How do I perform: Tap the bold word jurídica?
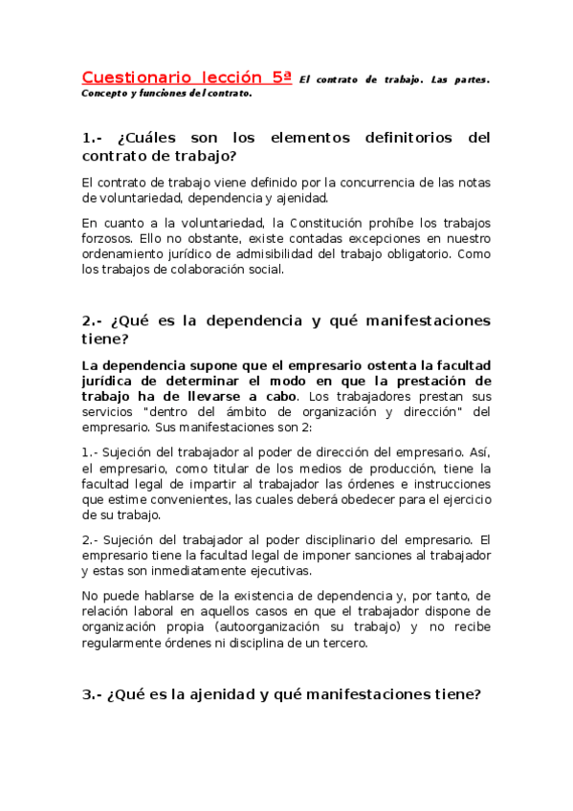(111, 381)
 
